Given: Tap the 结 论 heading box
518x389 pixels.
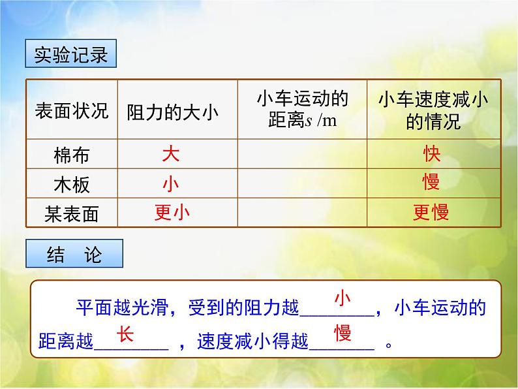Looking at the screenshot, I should coord(75,254).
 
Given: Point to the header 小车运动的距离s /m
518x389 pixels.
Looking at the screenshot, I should coord(302,110).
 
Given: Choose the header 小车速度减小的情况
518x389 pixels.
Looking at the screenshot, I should coord(433,110).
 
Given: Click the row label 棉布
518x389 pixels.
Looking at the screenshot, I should coord(71,156).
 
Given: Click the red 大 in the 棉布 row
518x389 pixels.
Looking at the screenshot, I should coord(170,154).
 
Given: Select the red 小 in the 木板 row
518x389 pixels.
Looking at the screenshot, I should coord(170,183).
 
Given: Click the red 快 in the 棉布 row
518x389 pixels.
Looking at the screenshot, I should coord(431,154).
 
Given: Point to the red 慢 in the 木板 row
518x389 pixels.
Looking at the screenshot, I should coord(431,183).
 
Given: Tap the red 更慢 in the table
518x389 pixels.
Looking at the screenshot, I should coord(431,212).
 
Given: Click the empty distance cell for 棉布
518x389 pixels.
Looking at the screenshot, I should coord(302,155).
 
